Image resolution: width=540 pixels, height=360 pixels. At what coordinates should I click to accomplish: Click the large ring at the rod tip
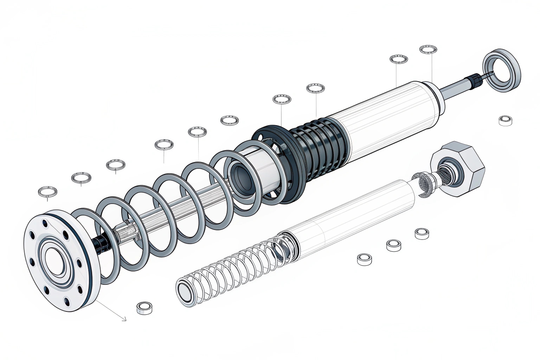pos(502,70)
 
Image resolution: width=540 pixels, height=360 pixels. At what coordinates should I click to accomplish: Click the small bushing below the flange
pos(145,308)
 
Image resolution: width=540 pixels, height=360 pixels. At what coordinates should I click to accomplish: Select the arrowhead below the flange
pos(124,319)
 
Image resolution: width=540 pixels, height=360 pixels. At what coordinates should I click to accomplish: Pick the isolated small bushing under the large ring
pos(506,120)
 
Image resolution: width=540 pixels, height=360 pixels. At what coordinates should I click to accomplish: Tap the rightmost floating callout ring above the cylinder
pos(428,49)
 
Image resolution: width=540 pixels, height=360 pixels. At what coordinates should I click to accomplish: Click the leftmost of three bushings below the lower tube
pos(365,259)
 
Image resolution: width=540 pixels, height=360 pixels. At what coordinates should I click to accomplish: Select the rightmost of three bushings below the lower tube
pos(422,233)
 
